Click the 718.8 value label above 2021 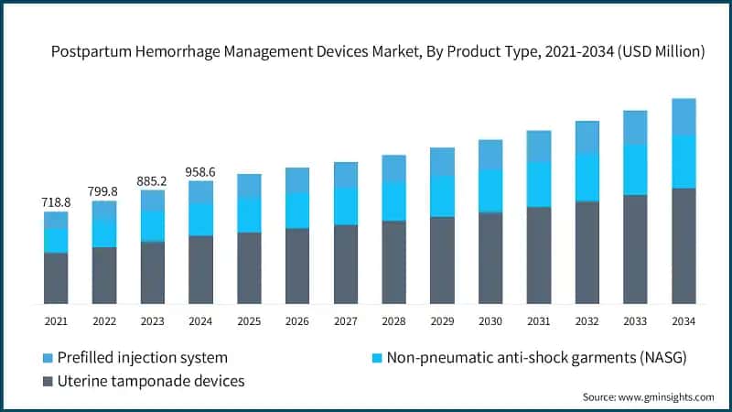[x=56, y=199]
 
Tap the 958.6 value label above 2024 [x=201, y=170]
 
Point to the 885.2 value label [x=153, y=180]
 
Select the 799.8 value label [x=104, y=190]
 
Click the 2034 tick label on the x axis [x=684, y=321]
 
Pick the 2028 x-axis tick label [x=393, y=321]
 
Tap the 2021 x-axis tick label [x=56, y=321]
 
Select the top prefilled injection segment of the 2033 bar [x=635, y=127]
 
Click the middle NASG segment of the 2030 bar [x=490, y=190]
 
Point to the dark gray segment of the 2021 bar [x=56, y=277]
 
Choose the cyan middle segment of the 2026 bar [x=297, y=211]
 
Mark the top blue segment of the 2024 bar [x=201, y=191]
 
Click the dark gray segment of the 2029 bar [x=442, y=260]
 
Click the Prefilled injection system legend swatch [x=47, y=357]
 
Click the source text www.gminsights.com [x=666, y=396]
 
